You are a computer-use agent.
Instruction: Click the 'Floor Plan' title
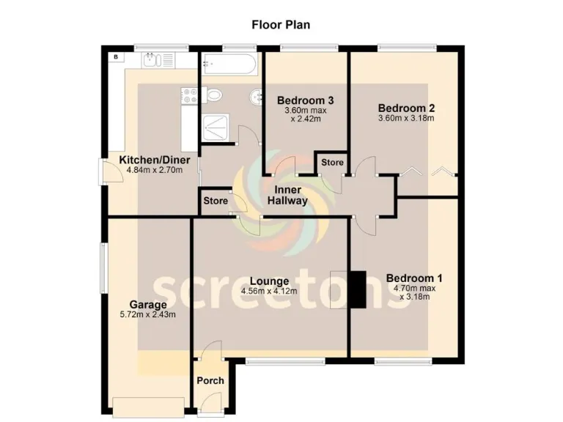(x=281, y=25)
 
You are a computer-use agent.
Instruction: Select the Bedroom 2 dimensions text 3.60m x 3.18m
(x=406, y=118)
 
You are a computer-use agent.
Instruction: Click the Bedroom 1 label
(x=414, y=278)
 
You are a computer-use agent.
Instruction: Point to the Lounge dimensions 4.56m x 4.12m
(x=269, y=292)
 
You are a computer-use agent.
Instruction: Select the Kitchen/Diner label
(x=155, y=160)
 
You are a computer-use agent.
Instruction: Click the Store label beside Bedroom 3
(x=331, y=162)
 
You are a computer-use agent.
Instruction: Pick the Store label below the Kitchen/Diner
(x=215, y=200)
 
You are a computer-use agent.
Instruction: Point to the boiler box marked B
(x=115, y=56)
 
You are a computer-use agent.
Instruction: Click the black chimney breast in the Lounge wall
(x=357, y=289)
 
